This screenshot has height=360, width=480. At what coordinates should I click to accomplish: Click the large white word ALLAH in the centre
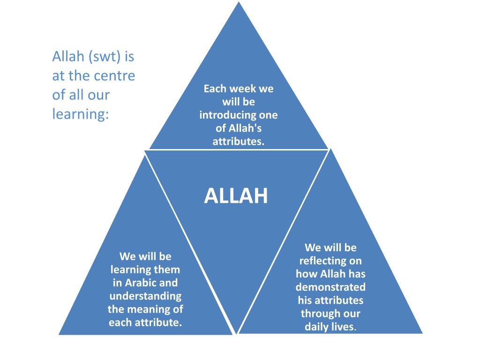tap(236, 196)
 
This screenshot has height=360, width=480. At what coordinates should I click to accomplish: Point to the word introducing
tap(222, 115)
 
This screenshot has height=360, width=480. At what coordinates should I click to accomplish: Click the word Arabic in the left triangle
tap(141, 283)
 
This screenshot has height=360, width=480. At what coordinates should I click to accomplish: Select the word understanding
tap(145, 296)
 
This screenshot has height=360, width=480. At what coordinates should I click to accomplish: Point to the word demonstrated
tap(330, 287)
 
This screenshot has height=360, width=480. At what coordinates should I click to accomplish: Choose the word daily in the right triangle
tap(315, 327)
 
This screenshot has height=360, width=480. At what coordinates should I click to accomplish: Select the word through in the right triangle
tap(321, 313)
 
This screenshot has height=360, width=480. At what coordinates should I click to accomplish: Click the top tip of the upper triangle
tap(239, 3)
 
